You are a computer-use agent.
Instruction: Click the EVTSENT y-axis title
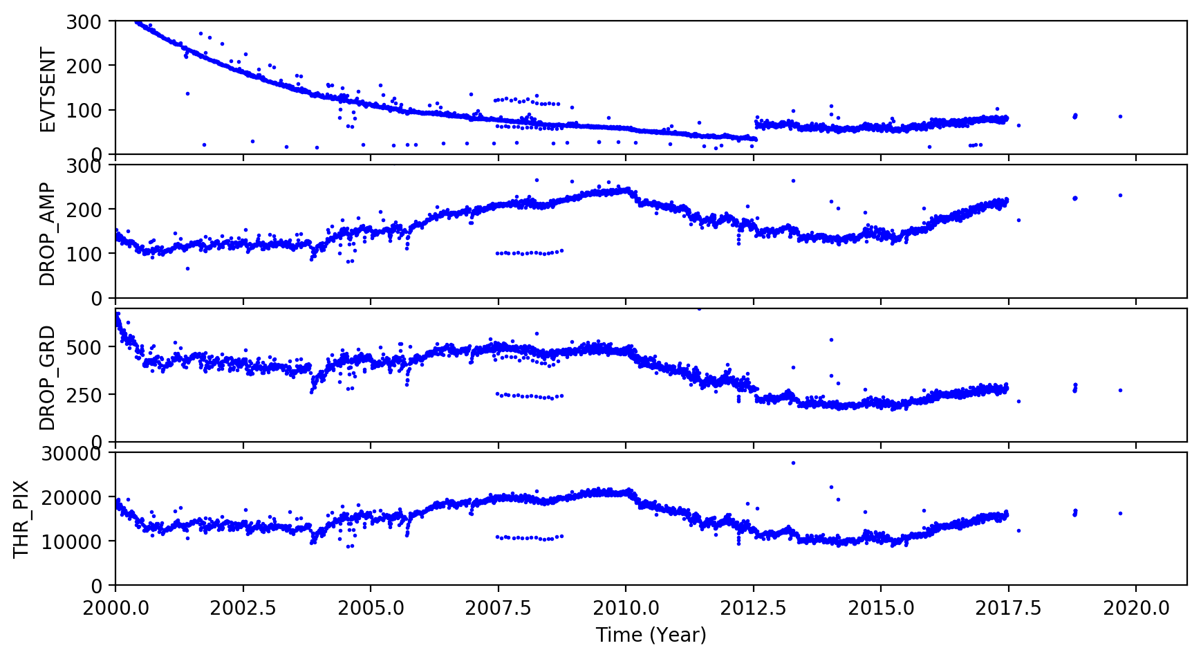click(x=47, y=89)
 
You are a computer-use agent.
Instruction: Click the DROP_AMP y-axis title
click(x=47, y=234)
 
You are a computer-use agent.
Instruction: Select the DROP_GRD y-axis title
click(x=47, y=378)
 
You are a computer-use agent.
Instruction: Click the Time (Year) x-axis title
click(x=651, y=635)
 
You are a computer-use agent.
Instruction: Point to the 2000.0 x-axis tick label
click(x=115, y=609)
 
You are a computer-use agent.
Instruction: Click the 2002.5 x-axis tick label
click(x=243, y=609)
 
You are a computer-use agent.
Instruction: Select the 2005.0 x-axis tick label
click(x=371, y=609)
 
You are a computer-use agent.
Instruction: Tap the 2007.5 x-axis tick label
click(x=499, y=609)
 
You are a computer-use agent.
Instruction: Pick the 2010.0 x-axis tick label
click(x=626, y=609)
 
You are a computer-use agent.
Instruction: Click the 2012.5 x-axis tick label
click(x=754, y=609)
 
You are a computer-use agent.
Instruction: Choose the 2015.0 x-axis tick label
click(x=881, y=609)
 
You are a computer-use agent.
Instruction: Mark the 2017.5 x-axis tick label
click(x=1009, y=609)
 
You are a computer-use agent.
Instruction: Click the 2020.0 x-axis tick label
click(x=1136, y=609)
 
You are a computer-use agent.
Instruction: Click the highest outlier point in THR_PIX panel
click(x=793, y=463)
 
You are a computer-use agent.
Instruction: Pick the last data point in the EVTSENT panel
click(x=1120, y=116)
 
